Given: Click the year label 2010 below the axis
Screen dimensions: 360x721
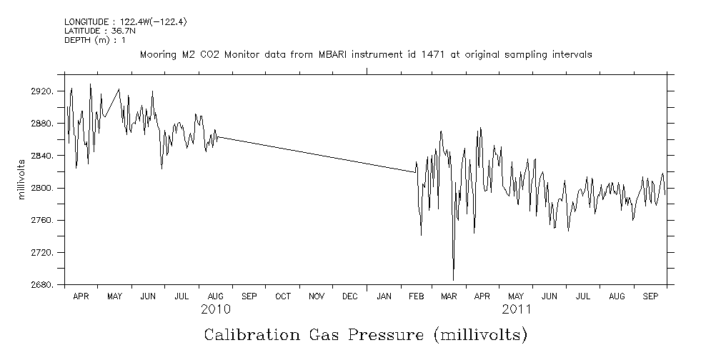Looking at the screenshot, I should tap(215, 309).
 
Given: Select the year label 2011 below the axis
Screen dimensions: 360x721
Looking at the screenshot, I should tap(517, 309).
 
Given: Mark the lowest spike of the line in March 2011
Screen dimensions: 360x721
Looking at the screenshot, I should tap(453, 280).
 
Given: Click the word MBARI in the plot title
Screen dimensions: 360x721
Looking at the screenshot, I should tap(318, 54).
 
